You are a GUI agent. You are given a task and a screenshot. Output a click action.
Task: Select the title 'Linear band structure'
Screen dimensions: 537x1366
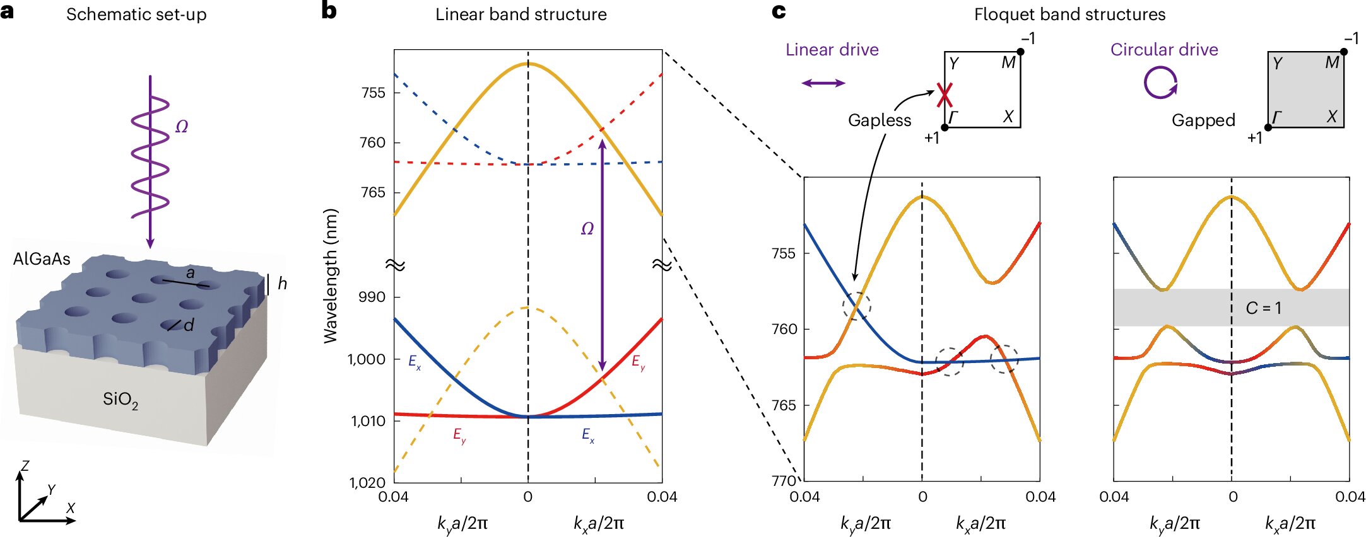click(521, 14)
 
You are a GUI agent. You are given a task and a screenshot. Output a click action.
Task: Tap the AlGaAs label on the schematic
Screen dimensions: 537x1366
click(42, 259)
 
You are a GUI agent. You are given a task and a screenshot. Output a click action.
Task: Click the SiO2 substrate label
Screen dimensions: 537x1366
click(121, 400)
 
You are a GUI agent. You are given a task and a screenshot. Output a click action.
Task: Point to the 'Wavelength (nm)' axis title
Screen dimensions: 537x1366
click(331, 276)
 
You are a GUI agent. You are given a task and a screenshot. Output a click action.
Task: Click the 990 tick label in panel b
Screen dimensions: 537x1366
click(372, 297)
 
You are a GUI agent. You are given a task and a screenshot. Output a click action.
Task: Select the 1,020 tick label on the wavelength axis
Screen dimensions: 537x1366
click(367, 483)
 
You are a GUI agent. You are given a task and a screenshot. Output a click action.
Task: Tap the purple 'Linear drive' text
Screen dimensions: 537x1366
click(832, 50)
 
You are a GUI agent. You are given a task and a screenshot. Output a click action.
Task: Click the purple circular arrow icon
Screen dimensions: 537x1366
click(1161, 83)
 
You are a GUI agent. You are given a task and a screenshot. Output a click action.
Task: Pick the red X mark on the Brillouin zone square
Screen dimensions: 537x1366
click(944, 95)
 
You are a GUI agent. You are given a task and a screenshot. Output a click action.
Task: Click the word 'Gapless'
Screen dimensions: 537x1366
click(879, 120)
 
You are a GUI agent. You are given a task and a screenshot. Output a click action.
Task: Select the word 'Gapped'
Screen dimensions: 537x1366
click(1203, 120)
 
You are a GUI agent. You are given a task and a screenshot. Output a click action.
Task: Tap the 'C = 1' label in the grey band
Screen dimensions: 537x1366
click(1263, 308)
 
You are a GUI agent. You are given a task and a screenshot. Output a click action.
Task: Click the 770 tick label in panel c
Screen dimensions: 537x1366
click(784, 481)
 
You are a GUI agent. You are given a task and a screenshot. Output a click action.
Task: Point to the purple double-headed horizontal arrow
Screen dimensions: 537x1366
click(823, 83)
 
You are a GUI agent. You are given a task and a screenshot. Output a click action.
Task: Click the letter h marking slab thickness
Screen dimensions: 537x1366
click(282, 284)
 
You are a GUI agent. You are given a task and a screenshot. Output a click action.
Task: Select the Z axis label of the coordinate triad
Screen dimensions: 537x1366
click(25, 466)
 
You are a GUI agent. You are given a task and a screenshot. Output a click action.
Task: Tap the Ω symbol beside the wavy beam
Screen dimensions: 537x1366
click(182, 127)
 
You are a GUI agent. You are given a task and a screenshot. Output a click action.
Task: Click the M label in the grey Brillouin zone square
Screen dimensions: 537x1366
click(1332, 63)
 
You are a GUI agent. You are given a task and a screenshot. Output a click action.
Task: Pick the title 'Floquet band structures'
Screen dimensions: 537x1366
click(1069, 14)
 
